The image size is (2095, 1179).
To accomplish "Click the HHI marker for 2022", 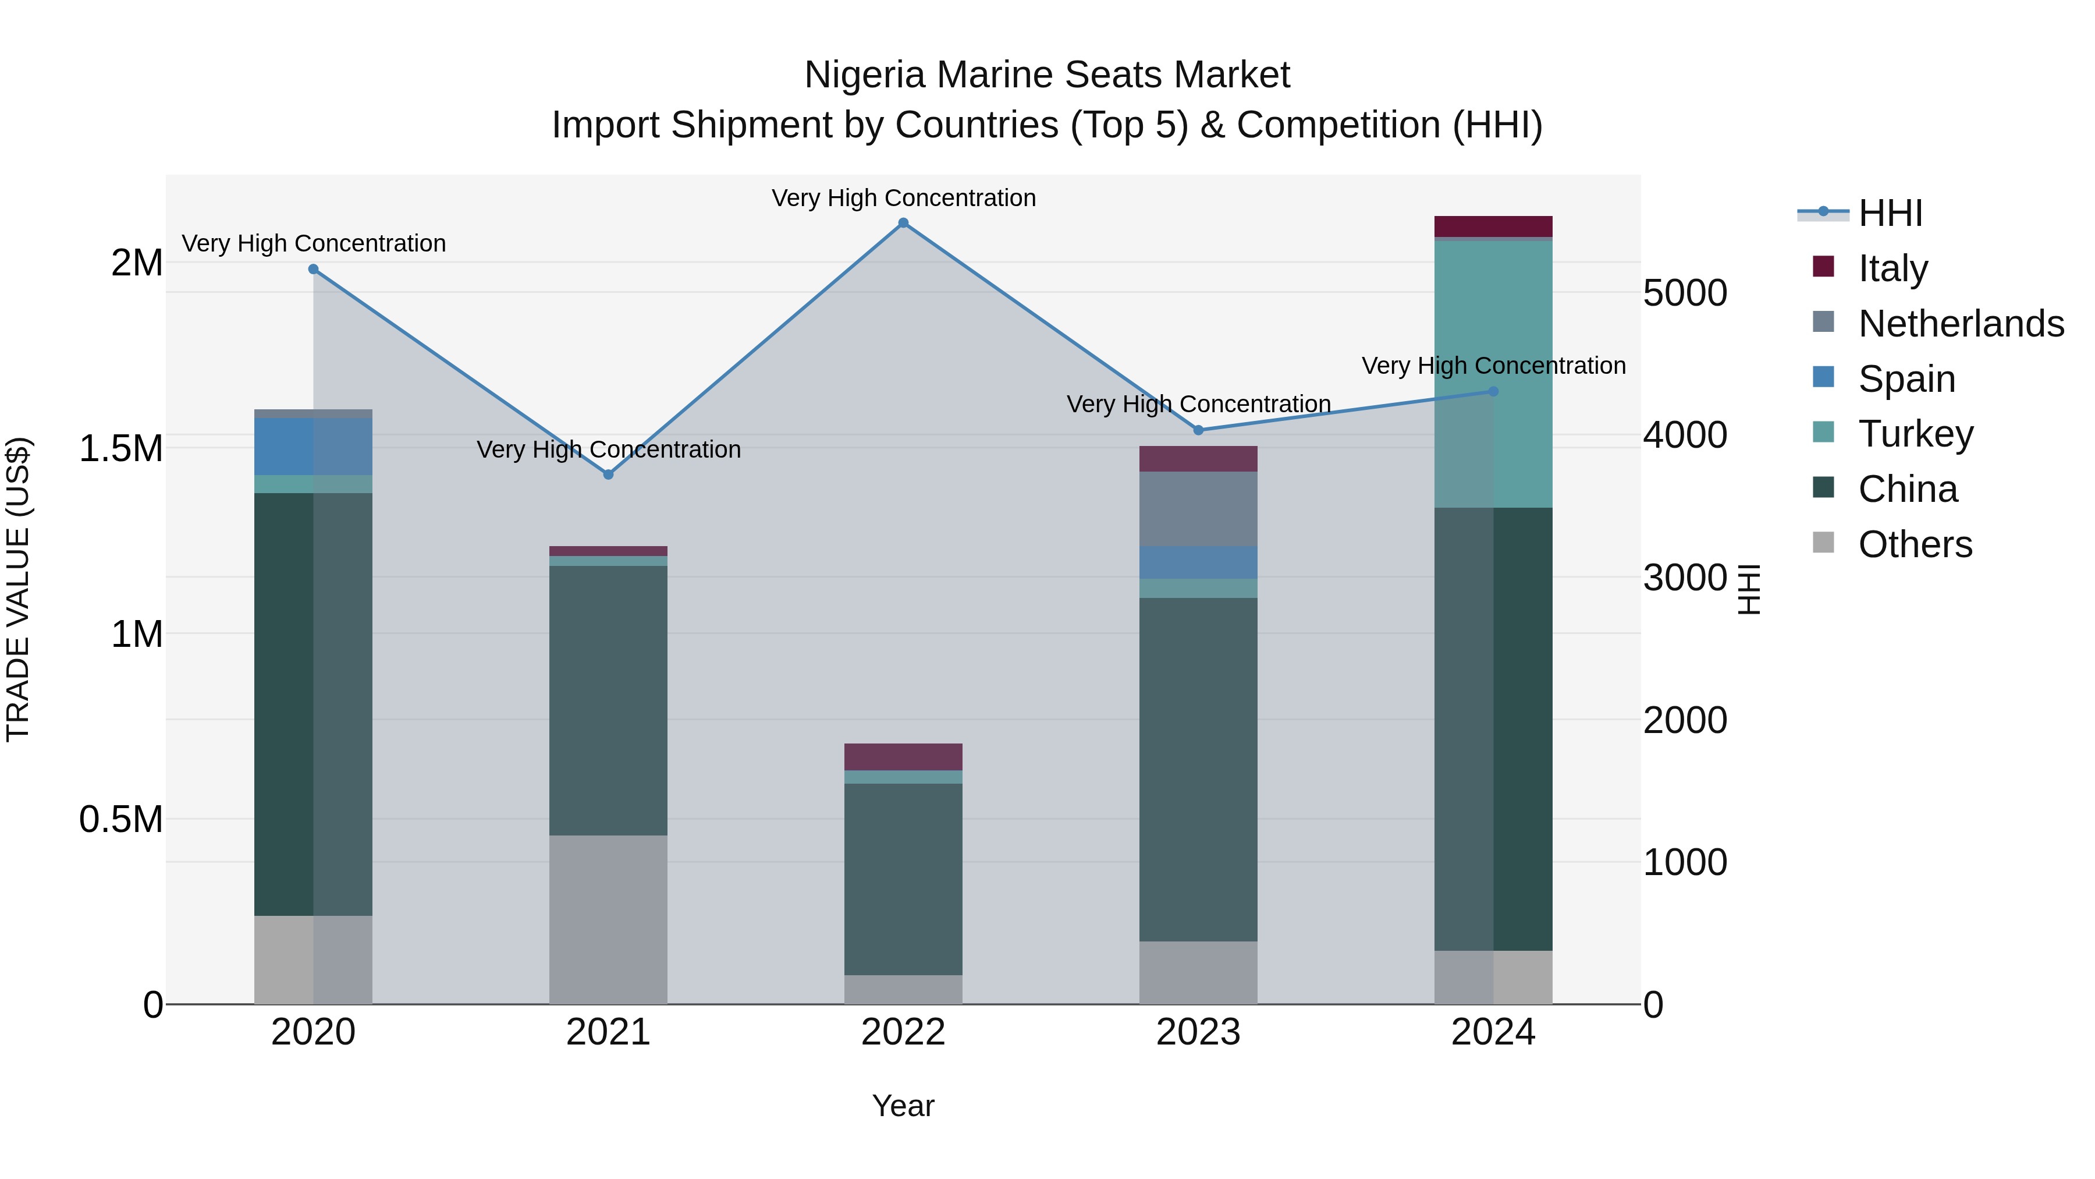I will click(903, 223).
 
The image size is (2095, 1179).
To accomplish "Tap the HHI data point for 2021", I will click(608, 475).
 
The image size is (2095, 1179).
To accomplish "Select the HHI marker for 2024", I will click(1493, 391).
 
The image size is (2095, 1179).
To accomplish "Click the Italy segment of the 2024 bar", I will click(1493, 226).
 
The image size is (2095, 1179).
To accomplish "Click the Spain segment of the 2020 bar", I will click(313, 447).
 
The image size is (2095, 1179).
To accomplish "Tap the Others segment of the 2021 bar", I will click(608, 919).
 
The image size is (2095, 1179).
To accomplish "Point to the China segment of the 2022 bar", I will click(903, 879).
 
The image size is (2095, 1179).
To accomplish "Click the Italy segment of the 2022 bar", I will click(903, 757).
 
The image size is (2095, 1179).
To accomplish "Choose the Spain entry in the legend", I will click(1906, 379).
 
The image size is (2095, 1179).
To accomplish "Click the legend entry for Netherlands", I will click(1960, 324).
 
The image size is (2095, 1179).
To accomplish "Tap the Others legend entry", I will click(1915, 544).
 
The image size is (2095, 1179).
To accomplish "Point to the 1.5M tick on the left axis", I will click(120, 448).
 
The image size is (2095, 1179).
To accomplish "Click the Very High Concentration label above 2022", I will click(903, 199).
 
